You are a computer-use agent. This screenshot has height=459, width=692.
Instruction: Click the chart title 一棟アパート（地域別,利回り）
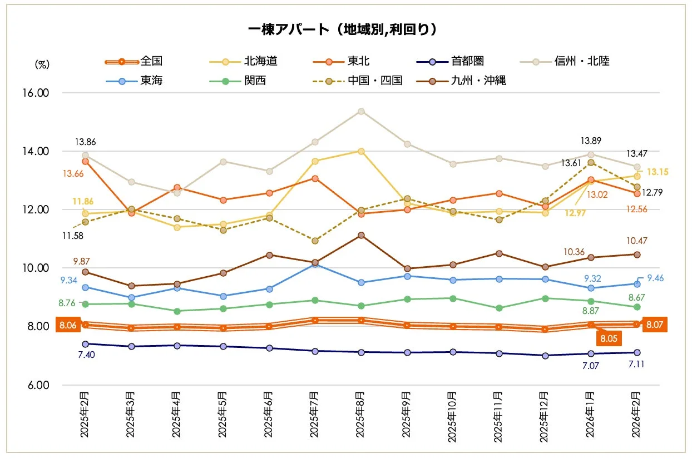(343, 29)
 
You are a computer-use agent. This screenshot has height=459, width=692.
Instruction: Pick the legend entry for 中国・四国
(375, 81)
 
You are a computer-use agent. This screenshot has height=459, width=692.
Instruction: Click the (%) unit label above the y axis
(42, 64)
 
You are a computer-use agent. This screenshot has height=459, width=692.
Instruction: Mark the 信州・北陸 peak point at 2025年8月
(361, 111)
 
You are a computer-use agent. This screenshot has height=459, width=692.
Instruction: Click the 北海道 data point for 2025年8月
(361, 151)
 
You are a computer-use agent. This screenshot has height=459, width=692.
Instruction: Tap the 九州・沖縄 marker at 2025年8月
(361, 235)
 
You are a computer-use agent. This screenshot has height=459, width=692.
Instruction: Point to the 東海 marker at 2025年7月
(315, 265)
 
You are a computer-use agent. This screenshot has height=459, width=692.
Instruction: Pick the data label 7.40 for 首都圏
(86, 355)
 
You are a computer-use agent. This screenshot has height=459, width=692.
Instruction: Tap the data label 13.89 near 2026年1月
(591, 141)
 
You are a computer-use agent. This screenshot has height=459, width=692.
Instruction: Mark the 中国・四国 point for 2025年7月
(315, 241)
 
